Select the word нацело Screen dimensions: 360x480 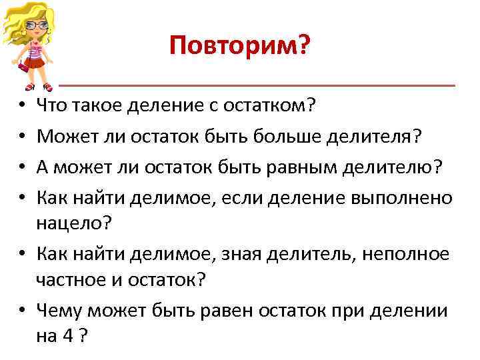(x=70, y=224)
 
